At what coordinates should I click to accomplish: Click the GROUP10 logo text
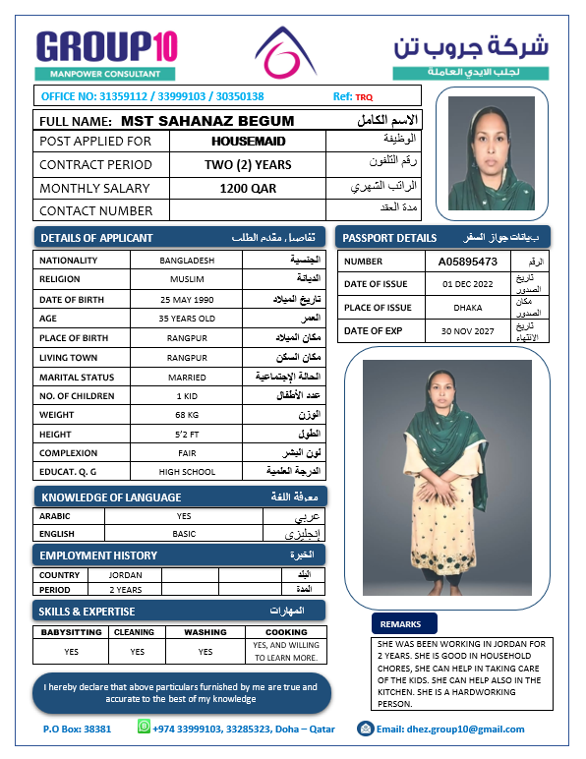tap(106, 46)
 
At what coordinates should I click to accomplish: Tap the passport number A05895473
tap(468, 262)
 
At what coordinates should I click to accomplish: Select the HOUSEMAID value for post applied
tap(248, 142)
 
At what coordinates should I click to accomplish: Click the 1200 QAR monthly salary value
tap(248, 188)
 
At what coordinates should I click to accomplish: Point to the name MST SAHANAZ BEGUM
tap(207, 121)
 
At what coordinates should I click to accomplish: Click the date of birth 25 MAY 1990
tap(186, 299)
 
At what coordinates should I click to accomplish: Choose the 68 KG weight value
tap(186, 415)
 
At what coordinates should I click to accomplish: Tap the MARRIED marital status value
tap(186, 377)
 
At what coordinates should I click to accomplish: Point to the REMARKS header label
tap(400, 623)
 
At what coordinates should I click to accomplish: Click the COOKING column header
tap(286, 632)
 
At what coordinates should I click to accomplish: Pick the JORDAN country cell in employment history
tap(125, 575)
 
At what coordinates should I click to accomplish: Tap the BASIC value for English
tap(184, 534)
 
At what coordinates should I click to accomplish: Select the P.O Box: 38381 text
tap(77, 730)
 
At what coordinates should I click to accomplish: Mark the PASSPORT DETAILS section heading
tap(388, 238)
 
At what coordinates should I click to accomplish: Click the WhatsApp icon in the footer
tap(144, 729)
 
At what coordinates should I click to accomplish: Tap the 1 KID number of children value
tap(186, 395)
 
